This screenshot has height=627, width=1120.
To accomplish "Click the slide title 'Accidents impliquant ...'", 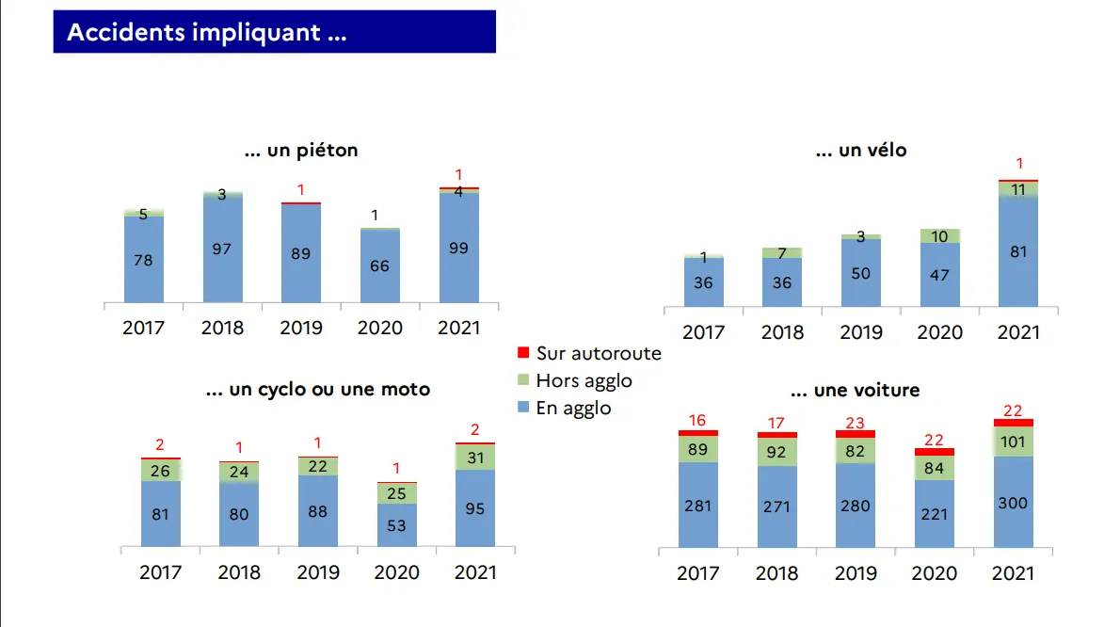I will coord(207,32).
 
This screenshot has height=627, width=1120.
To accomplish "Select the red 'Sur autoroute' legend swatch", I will coord(524,353).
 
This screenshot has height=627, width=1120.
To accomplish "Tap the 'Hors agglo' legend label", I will coord(584,380).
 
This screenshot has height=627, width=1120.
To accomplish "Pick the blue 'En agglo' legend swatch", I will coord(524,409).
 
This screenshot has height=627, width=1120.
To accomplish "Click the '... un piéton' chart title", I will coord(301,150).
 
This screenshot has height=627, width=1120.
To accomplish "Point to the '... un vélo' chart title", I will coord(860,150).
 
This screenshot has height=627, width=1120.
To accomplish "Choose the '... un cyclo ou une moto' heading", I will coord(318,389).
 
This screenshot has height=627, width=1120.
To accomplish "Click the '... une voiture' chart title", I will coord(855,390).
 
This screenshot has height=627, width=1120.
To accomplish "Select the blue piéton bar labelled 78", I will coord(144,260).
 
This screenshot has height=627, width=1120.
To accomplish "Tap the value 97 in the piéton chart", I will coord(222,249).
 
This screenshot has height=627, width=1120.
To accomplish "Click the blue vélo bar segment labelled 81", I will coord(1018,251).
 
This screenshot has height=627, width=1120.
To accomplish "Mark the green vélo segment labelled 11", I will coord(1018,189).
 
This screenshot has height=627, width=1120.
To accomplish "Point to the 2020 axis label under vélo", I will coord(940,332).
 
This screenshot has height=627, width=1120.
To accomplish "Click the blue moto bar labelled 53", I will coord(397,524).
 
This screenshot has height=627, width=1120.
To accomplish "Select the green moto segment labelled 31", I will coord(474,458).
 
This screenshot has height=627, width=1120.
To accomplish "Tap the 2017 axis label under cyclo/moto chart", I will coord(160,571).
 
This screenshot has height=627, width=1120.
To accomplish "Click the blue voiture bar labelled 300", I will coord(1014,503).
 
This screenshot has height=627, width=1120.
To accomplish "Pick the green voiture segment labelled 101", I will coord(1014,442).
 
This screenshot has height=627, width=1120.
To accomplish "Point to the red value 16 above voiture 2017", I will coord(697,420).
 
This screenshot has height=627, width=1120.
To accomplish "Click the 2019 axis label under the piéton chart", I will coord(301,328).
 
